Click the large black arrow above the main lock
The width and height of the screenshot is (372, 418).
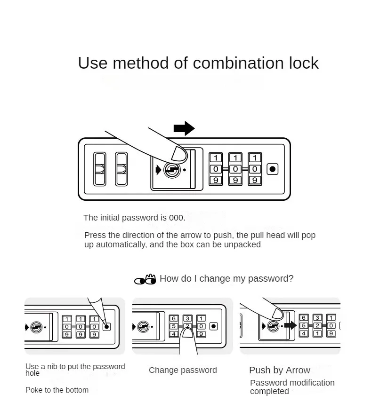tap(184, 128)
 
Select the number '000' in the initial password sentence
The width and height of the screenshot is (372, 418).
tap(177, 218)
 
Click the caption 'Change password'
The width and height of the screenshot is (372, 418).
tap(183, 370)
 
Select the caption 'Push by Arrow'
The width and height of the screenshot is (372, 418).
tap(280, 370)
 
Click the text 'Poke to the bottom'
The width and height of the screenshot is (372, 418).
tap(57, 390)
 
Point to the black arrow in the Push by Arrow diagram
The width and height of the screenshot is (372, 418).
tap(290, 325)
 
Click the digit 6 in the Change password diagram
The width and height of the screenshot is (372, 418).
tap(174, 318)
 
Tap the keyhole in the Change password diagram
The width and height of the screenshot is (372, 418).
tap(143, 326)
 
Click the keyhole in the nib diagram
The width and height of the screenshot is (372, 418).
tap(36, 326)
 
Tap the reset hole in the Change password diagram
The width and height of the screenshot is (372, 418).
tap(214, 326)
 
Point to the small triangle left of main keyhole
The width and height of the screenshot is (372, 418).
tap(157, 170)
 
